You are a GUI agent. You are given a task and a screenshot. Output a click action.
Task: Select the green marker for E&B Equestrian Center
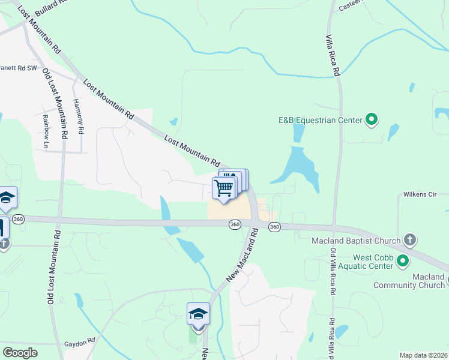click(x=372, y=120)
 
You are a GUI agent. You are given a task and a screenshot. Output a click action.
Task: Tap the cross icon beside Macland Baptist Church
click(x=409, y=241)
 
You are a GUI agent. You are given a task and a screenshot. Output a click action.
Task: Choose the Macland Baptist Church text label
click(x=356, y=241)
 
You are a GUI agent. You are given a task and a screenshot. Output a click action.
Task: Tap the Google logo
click(x=20, y=352)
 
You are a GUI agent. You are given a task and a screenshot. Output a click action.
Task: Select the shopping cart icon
click(x=224, y=188)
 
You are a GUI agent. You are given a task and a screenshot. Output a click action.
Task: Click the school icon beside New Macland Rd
click(x=198, y=314)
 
